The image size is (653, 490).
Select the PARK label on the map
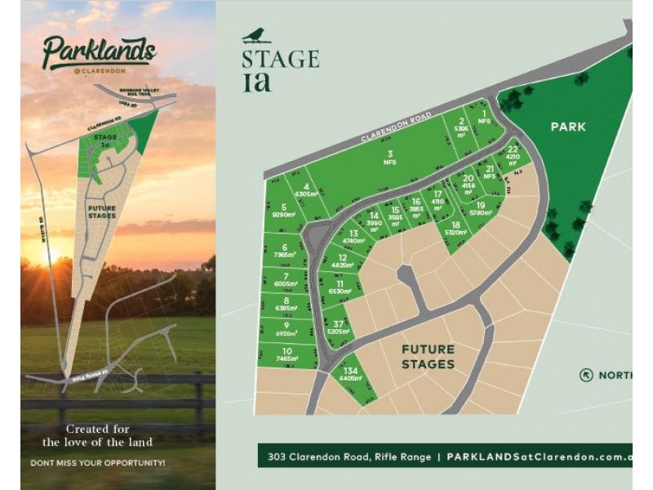click(568, 127)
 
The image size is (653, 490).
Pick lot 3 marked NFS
click(390, 158)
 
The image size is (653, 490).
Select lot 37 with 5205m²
click(338, 328)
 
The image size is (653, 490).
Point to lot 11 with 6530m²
click(340, 287)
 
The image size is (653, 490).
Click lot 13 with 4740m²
click(353, 238)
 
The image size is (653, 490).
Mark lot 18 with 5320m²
click(455, 228)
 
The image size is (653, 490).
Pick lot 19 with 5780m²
click(481, 209)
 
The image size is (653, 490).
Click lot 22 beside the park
click(513, 154)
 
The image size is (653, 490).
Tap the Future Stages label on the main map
click(427, 357)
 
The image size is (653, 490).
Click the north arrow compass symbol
click(586, 375)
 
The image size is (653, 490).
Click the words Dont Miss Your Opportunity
click(98, 463)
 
